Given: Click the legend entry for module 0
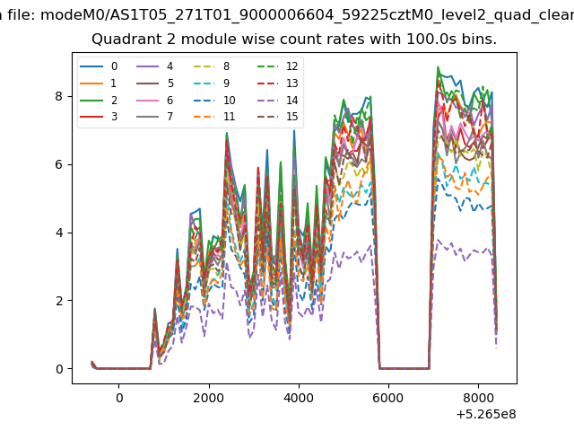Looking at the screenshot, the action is point(99,66).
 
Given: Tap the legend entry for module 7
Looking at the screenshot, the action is point(154,117).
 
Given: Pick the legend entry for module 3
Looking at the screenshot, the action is point(99,117).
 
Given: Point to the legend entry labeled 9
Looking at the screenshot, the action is point(212,84).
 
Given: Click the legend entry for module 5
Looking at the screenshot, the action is point(154,84).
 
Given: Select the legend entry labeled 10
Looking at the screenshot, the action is point(214,100).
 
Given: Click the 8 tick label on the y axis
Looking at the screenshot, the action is point(58,96).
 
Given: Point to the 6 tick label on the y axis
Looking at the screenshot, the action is point(58,164).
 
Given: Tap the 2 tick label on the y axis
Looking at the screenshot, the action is point(58,301).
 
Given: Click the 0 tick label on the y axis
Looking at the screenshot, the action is point(59,369).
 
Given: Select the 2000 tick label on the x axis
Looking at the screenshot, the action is point(209,398).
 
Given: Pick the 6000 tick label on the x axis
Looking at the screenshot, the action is point(388,398).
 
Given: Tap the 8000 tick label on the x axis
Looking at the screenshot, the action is point(478,398).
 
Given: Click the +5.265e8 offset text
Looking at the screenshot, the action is point(486,415).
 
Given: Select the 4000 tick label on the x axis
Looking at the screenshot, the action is point(299,398).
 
